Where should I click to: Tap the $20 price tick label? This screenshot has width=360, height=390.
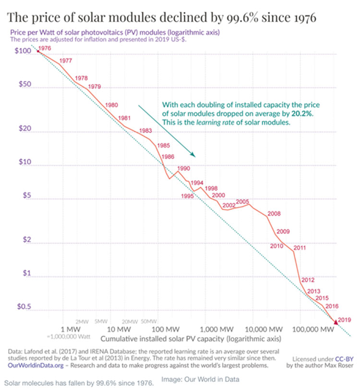(x=22, y=131)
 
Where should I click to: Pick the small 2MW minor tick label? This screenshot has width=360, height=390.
(x=83, y=321)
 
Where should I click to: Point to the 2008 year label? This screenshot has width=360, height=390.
(x=274, y=214)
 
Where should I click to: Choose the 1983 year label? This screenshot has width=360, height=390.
(x=145, y=131)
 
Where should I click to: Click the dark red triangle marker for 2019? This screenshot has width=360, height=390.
(x=336, y=323)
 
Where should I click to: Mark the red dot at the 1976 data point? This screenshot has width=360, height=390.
(x=38, y=51)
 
